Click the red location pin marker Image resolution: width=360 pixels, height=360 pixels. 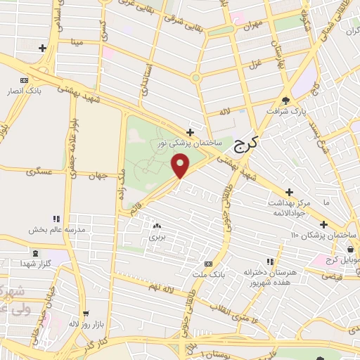click(181, 166)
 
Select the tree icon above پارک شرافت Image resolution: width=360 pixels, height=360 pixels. click(285, 99)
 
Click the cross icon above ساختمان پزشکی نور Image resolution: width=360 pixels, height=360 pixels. click(190, 131)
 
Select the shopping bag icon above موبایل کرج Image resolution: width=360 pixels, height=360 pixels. click(349, 247)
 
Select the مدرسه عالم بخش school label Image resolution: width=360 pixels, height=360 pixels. click(56, 229)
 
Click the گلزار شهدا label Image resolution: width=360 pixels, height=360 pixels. click(37, 263)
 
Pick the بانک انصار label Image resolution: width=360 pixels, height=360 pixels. click(30, 91)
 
